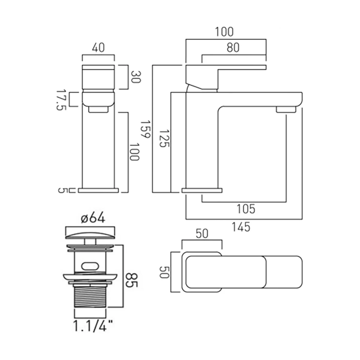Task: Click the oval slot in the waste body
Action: tap(90, 266)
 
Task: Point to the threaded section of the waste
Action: tap(90, 296)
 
